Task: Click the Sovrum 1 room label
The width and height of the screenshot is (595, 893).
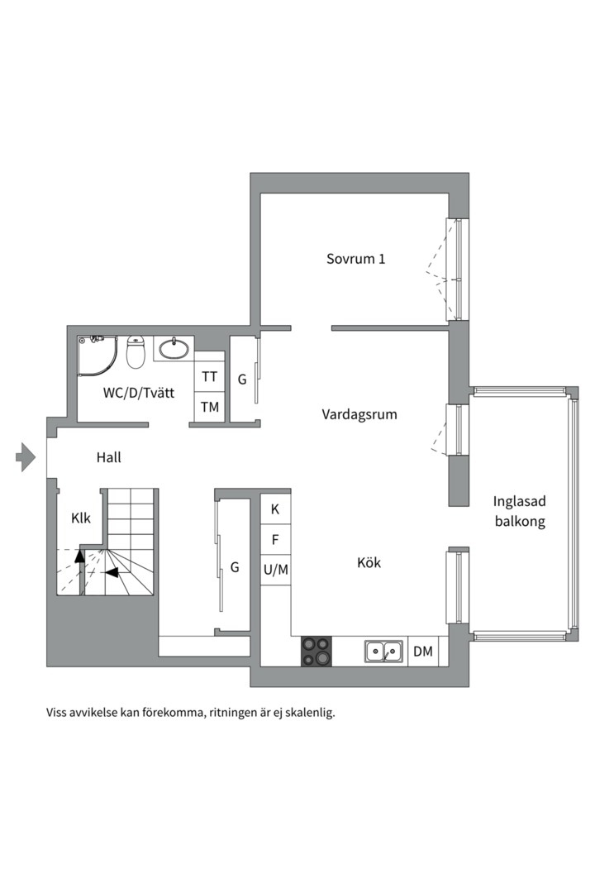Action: (x=356, y=259)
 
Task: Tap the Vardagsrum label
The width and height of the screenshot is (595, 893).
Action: (x=359, y=414)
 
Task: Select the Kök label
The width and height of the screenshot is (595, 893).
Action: (x=369, y=563)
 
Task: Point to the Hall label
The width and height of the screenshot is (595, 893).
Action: (x=109, y=457)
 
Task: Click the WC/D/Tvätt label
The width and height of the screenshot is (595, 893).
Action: (x=139, y=393)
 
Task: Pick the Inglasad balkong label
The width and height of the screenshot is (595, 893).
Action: (x=519, y=511)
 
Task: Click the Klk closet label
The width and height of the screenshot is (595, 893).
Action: (x=81, y=518)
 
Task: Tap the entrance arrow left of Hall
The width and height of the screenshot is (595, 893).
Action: (x=26, y=456)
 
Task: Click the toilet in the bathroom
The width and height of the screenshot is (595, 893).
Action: (x=136, y=352)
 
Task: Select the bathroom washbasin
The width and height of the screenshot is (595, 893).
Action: (x=174, y=349)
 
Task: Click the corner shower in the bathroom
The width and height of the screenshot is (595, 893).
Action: (x=98, y=356)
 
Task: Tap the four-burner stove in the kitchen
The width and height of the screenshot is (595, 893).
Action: (x=316, y=651)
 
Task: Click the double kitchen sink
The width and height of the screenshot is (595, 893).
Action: (x=383, y=651)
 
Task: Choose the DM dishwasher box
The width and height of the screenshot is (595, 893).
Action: (x=423, y=651)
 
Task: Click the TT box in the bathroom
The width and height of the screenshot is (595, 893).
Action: (x=210, y=377)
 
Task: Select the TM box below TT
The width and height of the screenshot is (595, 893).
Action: (x=210, y=407)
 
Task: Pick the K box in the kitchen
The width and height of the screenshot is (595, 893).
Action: (x=275, y=509)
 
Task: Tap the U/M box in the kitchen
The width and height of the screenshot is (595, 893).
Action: (x=275, y=570)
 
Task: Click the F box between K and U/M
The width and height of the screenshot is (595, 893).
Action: (x=275, y=539)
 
